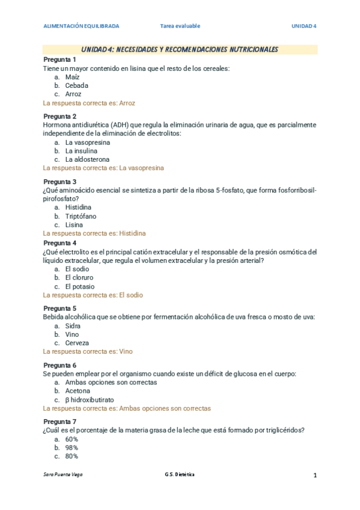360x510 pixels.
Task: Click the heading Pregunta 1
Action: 59,60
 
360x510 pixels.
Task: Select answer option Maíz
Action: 72,78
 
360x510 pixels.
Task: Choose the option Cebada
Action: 76,86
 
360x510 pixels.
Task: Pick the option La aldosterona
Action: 87,159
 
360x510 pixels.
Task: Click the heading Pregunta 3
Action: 59,182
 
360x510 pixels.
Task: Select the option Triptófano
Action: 81,216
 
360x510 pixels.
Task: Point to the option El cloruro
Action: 79,278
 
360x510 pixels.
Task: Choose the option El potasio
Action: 79,286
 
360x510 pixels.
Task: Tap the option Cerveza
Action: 77,343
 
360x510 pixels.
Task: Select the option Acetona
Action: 78,391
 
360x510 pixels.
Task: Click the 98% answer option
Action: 72,447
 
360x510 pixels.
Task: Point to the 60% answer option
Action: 72,439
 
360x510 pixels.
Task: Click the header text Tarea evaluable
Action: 180,26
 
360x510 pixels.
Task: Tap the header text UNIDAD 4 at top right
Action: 304,26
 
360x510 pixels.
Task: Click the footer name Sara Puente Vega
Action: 63,475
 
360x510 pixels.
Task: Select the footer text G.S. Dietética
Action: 180,475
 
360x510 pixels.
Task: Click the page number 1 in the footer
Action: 314,475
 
